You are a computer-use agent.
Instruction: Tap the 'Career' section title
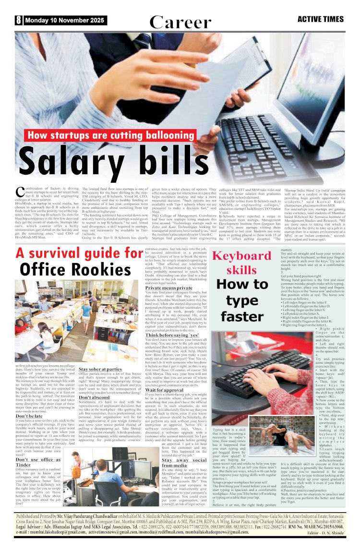point(180,22)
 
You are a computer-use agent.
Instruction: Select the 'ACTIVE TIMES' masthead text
point(321,20)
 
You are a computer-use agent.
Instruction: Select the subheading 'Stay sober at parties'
point(100,370)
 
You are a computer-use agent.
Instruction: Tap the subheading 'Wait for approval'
point(167,390)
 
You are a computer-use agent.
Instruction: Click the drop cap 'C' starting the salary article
point(21,192)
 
